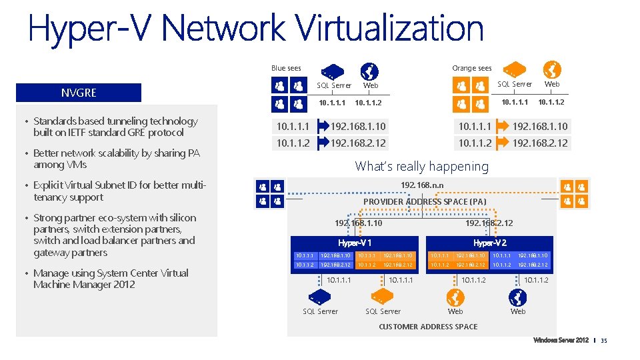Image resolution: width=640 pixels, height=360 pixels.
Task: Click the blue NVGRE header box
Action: click(79, 93)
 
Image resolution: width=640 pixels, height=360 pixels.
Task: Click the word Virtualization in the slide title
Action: click(390, 29)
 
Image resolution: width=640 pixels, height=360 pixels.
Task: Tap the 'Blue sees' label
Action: click(286, 68)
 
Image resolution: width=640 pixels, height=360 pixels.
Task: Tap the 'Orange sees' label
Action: click(471, 68)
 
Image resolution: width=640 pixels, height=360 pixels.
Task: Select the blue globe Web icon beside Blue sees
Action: click(369, 71)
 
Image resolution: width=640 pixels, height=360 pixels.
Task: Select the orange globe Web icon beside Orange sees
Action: click(552, 70)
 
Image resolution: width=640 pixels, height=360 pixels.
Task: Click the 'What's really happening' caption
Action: click(421, 166)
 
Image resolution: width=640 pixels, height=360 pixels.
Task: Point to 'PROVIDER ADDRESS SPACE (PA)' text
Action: click(425, 201)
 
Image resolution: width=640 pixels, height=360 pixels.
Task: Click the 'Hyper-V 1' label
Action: click(355, 243)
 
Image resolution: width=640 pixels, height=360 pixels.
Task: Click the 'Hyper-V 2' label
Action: click(489, 243)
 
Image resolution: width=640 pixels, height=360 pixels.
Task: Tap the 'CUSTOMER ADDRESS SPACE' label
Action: click(428, 327)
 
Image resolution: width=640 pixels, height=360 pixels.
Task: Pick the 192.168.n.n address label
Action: click(422, 185)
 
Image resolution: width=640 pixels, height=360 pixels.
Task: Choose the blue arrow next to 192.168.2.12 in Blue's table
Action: click(324, 143)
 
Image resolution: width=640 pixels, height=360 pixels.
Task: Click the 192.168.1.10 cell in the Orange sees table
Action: click(540, 126)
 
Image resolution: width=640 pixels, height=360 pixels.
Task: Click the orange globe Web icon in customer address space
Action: click(455, 297)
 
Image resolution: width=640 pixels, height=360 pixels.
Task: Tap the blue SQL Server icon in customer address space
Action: click(319, 295)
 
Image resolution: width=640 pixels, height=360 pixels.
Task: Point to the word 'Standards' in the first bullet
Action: click(56, 121)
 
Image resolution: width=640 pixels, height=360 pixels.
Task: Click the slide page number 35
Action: click(604, 341)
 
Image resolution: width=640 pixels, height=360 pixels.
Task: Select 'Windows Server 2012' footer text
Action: click(560, 341)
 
